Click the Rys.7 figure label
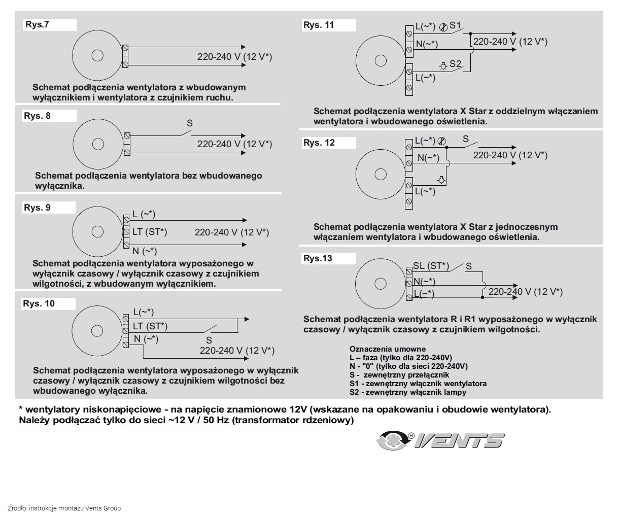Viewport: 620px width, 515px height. pyautogui.click(x=38, y=24)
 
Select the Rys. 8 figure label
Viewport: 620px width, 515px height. pyautogui.click(x=38, y=116)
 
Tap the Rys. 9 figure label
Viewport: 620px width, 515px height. pyautogui.click(x=38, y=208)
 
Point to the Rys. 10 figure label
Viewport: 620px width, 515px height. pyautogui.click(x=39, y=303)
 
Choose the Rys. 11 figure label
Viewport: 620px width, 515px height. pyautogui.click(x=319, y=25)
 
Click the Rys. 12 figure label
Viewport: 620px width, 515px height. pyautogui.click(x=319, y=143)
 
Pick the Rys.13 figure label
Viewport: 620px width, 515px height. pyautogui.click(x=318, y=258)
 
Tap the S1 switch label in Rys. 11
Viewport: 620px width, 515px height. pyautogui.click(x=455, y=25)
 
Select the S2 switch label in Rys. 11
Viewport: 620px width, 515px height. pyautogui.click(x=455, y=64)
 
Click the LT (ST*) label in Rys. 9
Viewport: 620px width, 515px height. pyautogui.click(x=150, y=232)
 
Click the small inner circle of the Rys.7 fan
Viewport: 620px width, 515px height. pyautogui.click(x=96, y=56)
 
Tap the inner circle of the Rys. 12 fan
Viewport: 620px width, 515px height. pyautogui.click(x=381, y=175)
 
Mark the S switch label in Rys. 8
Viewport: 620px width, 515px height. pyautogui.click(x=190, y=123)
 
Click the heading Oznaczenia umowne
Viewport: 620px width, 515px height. pyautogui.click(x=388, y=349)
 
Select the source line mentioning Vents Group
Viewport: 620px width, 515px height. pyautogui.click(x=64, y=508)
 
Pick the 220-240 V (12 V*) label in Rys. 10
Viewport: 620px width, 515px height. pyautogui.click(x=237, y=351)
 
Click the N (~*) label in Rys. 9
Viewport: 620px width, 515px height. pyautogui.click(x=145, y=251)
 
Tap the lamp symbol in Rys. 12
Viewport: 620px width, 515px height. pyautogui.click(x=441, y=179)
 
